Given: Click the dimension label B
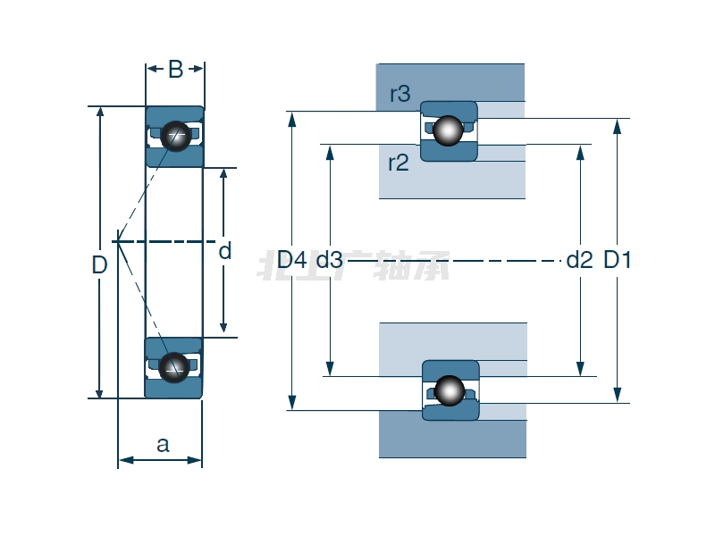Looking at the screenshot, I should pos(175,70).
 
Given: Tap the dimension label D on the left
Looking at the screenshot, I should pos(99,265).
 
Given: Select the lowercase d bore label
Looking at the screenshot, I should pos(225,252).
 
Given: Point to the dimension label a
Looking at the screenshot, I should pos(163,444).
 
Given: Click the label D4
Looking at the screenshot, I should pos(291,261).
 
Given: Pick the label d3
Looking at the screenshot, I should pos(329,261).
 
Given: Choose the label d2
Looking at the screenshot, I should pos(580,261).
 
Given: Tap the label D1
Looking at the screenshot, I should pos(618,261).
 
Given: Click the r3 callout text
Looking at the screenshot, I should pos(400,94).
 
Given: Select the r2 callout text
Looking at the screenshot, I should pos(398,163).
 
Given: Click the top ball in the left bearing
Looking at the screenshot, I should pos(176,135).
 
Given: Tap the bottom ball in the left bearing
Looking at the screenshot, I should pos(174,365).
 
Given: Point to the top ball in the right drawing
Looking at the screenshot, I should pos(449,130).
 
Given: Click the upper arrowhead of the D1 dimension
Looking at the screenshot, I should pos(618,125).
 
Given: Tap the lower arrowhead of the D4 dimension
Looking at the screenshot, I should pos(291,403).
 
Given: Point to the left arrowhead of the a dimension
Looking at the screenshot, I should pos(123,460).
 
